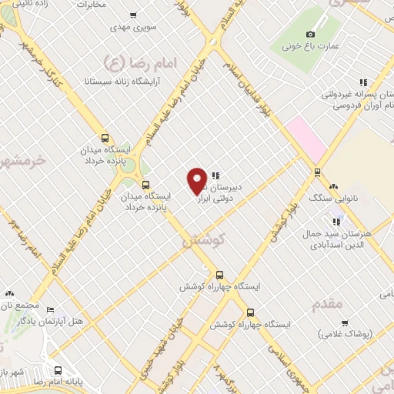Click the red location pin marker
tap(197, 180)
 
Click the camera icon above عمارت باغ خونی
tap(310, 34)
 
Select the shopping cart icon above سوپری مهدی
tap(133, 15)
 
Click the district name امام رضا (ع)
tap(135, 59)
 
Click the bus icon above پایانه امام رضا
tap(58, 369)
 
